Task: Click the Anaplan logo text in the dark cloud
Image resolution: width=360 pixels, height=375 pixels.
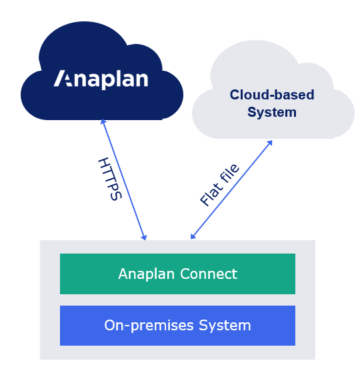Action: [101, 79]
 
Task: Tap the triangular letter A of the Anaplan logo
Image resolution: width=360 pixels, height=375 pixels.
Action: [63, 78]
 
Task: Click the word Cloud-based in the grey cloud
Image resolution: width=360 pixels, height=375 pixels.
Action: [272, 95]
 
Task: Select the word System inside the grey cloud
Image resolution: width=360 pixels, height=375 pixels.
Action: [272, 112]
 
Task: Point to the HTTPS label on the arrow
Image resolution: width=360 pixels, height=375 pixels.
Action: [110, 179]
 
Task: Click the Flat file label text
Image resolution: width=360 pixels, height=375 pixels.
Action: [219, 185]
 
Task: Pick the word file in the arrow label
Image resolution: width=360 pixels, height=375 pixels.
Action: [229, 173]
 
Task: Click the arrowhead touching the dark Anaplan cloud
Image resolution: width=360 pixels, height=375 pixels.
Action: [103, 121]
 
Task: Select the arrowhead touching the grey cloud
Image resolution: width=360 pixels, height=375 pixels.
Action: [270, 143]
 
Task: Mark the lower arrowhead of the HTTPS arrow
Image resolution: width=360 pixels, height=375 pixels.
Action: [144, 238]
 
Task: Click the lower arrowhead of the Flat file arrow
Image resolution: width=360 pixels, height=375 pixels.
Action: [193, 236]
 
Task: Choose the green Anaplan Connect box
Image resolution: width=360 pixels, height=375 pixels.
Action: [177, 274]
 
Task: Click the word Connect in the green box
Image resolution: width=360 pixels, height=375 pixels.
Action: [209, 274]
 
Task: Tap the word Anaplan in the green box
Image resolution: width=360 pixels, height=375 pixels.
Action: [147, 274]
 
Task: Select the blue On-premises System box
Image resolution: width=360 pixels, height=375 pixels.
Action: [177, 326]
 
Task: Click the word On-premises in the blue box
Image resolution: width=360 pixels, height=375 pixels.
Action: [149, 326]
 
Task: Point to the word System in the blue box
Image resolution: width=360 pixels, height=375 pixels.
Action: [225, 326]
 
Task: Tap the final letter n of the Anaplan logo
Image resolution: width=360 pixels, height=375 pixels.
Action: [141, 79]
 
